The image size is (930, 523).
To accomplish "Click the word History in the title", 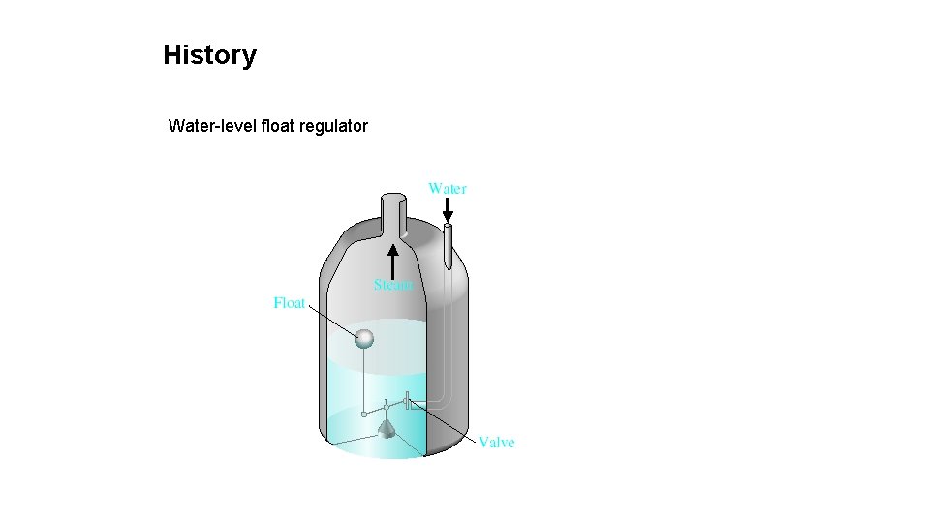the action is [x=209, y=55].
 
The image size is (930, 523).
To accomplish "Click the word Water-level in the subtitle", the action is [x=212, y=126].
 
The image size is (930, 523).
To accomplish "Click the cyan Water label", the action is [x=448, y=188].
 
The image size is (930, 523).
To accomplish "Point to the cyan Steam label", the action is [x=393, y=285].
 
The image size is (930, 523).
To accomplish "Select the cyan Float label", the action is [x=290, y=303].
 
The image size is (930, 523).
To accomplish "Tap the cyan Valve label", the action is [x=497, y=443].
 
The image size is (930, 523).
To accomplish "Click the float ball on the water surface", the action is [x=364, y=338].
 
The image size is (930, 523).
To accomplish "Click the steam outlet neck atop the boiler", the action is [x=392, y=213].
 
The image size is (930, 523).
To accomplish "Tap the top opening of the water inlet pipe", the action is [x=448, y=228].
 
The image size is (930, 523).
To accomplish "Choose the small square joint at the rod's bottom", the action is [x=364, y=414].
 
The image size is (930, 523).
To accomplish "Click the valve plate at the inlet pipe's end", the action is [x=409, y=400].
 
